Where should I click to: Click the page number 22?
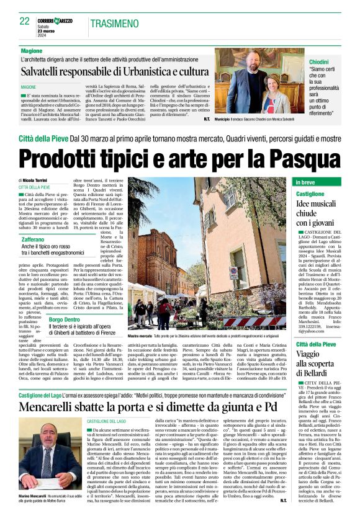point(25,21)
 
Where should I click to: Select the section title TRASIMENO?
point(117,24)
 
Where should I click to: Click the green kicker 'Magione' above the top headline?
point(32,50)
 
